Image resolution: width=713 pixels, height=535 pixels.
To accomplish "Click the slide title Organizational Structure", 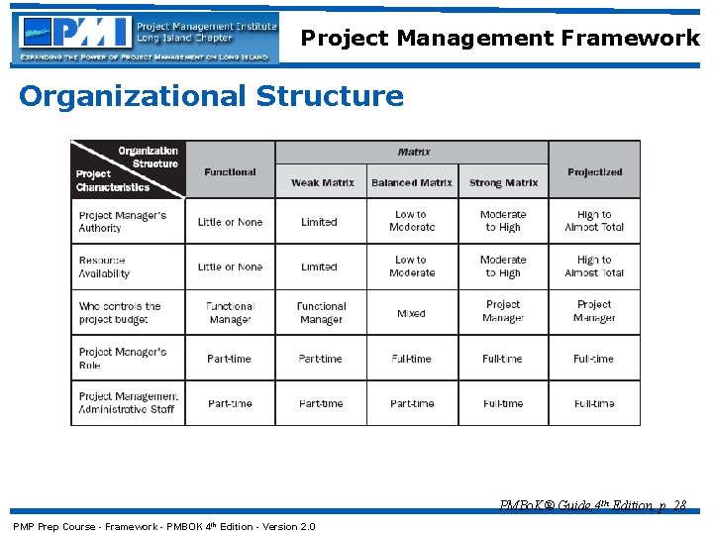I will [211, 96].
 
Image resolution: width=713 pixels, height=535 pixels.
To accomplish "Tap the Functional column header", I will [230, 171].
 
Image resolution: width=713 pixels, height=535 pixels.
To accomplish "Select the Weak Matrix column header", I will [322, 182].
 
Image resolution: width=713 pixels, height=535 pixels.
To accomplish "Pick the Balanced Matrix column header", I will [412, 182].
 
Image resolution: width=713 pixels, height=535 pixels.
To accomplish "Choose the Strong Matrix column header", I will [503, 182].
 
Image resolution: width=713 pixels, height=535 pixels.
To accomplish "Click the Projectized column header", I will [594, 171].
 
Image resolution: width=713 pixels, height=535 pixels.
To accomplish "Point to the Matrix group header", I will [413, 152].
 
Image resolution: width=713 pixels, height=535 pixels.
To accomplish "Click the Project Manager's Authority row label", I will [122, 221].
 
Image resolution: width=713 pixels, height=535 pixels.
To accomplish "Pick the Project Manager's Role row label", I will [122, 358].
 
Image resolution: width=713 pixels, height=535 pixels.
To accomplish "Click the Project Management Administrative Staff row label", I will [128, 403].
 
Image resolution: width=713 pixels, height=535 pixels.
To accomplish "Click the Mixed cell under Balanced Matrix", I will [411, 313].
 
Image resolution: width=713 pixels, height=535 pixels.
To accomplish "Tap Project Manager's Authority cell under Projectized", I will [594, 221].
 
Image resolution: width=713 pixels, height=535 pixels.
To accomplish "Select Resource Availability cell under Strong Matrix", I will [503, 267].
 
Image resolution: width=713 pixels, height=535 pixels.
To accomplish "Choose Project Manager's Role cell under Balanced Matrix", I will [411, 359].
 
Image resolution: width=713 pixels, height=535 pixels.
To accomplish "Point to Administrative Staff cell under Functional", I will [230, 403].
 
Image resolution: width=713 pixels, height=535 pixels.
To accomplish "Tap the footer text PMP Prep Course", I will [163, 526].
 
